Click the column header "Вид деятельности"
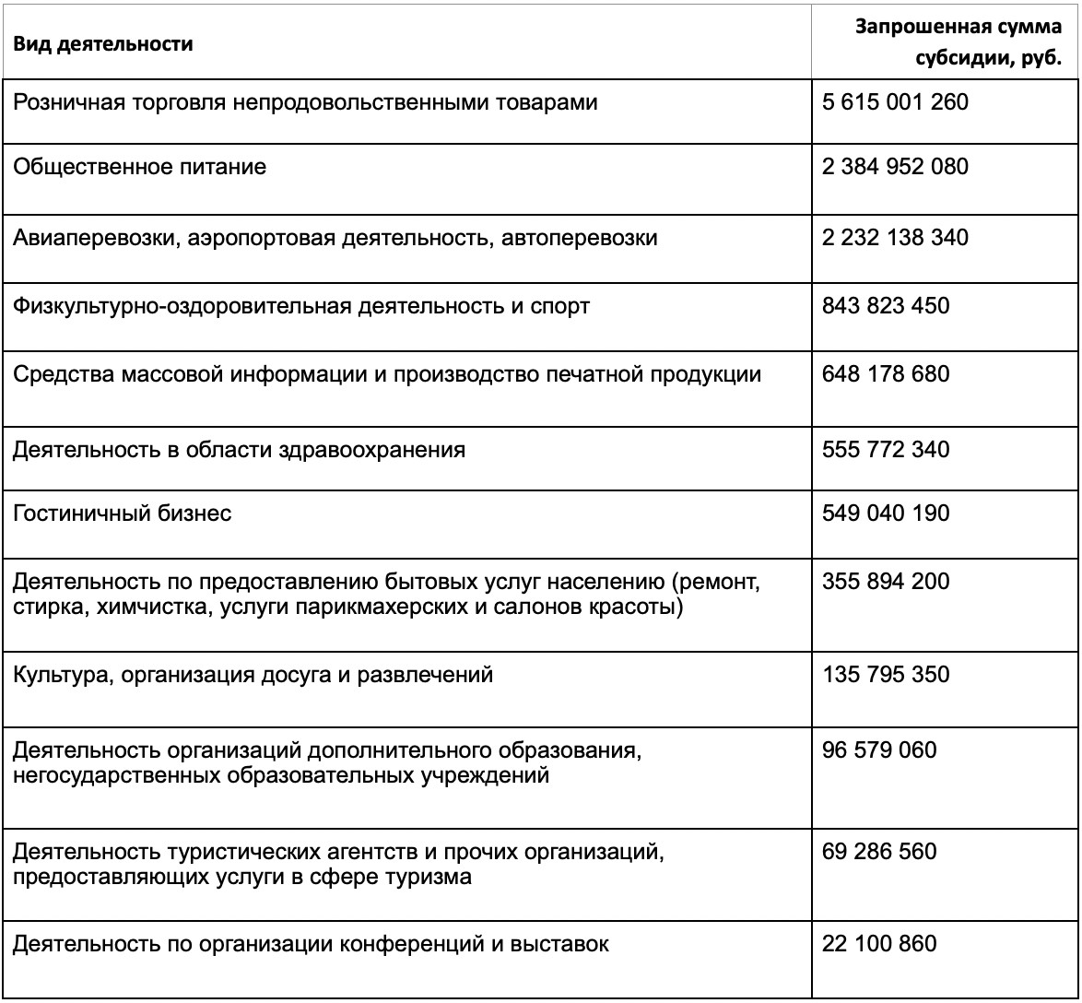[x=102, y=44]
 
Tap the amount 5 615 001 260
[x=895, y=101]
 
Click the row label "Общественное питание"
[x=139, y=168]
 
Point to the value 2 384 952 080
[x=895, y=168]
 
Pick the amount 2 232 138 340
[x=895, y=238]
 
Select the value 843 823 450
[x=885, y=305]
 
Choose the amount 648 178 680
[x=885, y=374]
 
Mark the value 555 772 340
[x=885, y=450]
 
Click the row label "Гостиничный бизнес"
[x=122, y=513]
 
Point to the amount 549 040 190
[x=885, y=513]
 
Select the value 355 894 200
[x=885, y=583]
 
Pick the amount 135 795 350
[x=885, y=675]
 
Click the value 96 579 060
[x=878, y=750]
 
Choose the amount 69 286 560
[x=878, y=850]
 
